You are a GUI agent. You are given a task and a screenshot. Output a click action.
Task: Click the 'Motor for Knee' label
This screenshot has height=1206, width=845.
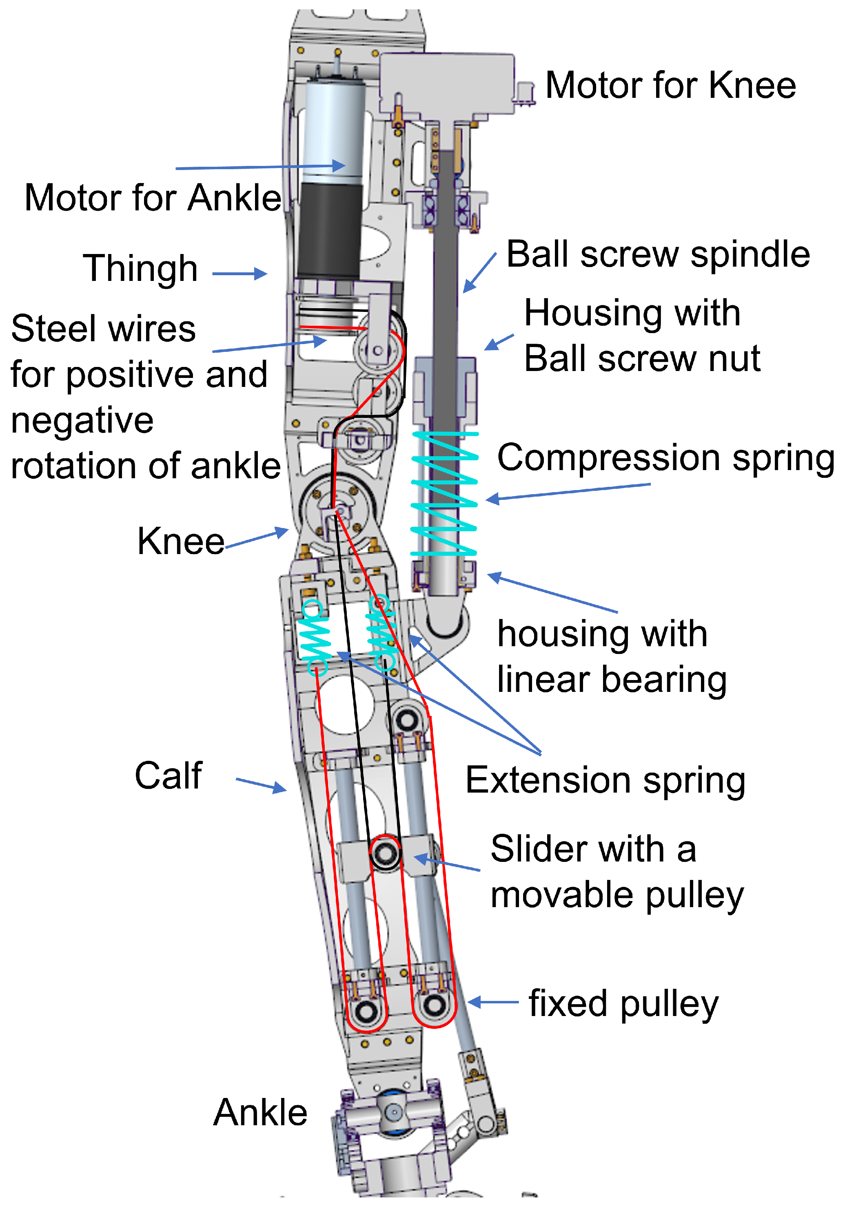pos(670,85)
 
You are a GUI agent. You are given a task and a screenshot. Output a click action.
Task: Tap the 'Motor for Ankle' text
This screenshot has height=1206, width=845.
pos(153,198)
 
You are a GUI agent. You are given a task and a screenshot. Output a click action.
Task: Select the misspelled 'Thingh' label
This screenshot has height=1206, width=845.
pos(140,268)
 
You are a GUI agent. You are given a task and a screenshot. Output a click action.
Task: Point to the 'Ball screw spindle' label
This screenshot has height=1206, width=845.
pos(657,255)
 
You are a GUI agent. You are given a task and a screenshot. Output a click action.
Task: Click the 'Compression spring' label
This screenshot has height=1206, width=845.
pos(665,458)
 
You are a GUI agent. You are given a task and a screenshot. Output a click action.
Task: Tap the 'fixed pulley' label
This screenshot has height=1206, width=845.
pos(623,1004)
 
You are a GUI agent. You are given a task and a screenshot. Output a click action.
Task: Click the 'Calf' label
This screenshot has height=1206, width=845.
pos(168,775)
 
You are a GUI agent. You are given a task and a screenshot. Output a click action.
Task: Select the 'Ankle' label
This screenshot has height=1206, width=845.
pos(260,1113)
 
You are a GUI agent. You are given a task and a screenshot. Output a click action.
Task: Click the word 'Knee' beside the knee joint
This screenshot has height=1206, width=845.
pos(181,541)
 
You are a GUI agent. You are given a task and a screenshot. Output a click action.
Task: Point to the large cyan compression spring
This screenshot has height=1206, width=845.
pos(444,494)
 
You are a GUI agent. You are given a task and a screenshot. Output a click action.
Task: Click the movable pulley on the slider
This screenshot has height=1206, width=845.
pos(385,853)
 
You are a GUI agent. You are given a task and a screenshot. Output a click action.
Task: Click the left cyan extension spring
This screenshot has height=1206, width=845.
pos(315,638)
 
